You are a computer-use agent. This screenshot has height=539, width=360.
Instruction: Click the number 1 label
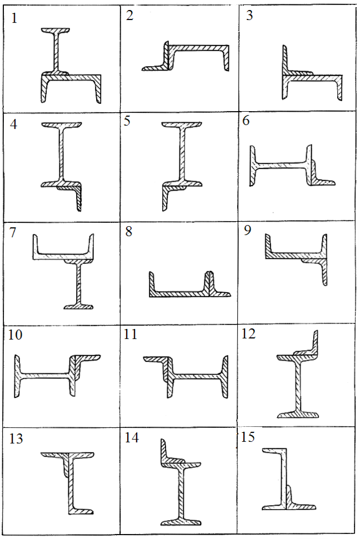coord(14,18)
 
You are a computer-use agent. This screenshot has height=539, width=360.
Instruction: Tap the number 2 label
coord(129,16)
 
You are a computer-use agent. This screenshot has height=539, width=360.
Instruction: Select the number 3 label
coord(249,16)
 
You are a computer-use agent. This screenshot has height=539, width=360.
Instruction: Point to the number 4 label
coord(13,124)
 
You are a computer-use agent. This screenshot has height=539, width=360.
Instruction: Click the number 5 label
coord(127,121)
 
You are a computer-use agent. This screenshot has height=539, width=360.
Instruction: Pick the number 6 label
coord(246,121)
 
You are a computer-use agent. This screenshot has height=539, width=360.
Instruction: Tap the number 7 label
coord(13,232)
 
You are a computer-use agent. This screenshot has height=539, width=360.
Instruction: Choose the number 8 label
coord(128,231)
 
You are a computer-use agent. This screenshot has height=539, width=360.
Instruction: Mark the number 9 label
coord(247,230)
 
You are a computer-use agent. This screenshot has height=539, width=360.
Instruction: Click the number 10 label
coord(15,335)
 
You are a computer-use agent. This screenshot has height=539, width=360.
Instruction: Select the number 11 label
coord(131,334)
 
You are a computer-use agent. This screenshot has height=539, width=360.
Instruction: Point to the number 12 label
coord(248,333)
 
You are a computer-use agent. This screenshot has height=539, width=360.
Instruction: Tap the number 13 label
coord(16,439)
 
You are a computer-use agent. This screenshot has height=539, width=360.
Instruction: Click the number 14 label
coord(132,438)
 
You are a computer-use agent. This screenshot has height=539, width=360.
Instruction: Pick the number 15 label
coord(248,437)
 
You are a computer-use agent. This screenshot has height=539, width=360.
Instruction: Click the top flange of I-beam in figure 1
coord(56,31)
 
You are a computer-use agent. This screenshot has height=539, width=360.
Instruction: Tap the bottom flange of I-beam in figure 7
coord(79,306)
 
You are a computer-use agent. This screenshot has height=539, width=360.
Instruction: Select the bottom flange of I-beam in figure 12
coord(298,414)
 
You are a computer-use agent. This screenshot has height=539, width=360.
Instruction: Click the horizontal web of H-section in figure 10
coord(44,376)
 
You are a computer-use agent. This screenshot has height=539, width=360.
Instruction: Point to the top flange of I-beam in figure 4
coord(62,125)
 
